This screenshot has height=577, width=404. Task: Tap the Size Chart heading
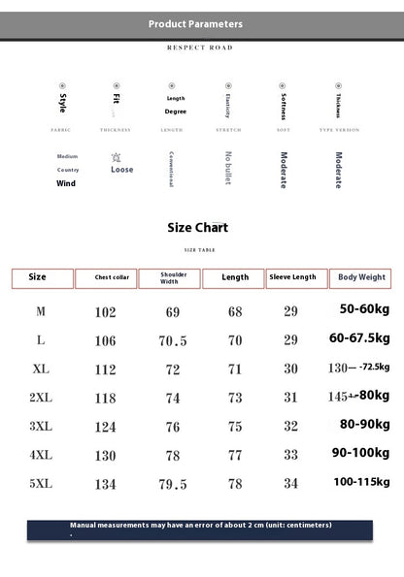(x=198, y=228)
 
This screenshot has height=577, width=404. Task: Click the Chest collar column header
(x=106, y=278)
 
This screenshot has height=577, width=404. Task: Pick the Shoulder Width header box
(x=169, y=278)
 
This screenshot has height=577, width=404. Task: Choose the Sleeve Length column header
(x=293, y=277)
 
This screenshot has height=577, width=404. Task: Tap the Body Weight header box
(x=361, y=277)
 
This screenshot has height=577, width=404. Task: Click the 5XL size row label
(x=41, y=483)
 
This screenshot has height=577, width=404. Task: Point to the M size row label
(x=41, y=311)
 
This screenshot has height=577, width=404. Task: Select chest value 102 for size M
(x=106, y=312)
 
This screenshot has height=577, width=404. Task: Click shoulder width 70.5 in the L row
(x=173, y=341)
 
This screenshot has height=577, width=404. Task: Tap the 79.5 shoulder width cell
(x=173, y=483)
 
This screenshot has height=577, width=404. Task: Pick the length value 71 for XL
(x=235, y=369)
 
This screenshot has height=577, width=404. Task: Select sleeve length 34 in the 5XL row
(x=290, y=483)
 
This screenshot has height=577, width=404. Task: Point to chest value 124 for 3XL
(x=106, y=427)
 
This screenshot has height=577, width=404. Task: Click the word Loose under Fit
(x=122, y=170)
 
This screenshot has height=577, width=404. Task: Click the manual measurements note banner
(x=201, y=528)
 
